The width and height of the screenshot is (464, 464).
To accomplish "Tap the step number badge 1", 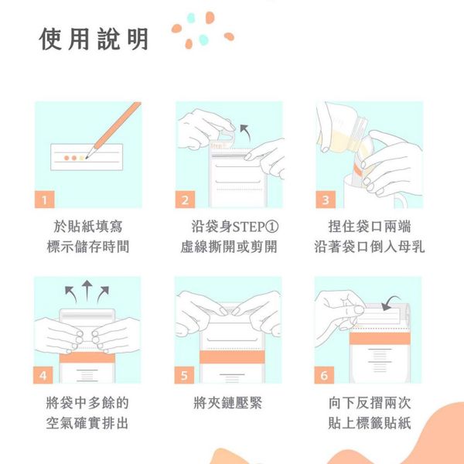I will (x=46, y=200).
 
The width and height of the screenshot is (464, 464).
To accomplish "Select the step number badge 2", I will (x=184, y=200).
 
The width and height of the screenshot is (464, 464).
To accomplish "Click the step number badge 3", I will (x=325, y=200).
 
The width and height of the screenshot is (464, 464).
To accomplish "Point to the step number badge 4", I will (x=46, y=375).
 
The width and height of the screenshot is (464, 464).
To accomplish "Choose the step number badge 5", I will (x=184, y=375).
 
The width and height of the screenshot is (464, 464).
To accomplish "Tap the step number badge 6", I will (x=325, y=375).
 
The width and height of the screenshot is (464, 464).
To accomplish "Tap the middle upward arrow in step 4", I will (x=85, y=290).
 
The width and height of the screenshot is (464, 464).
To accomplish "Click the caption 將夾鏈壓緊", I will (x=227, y=403).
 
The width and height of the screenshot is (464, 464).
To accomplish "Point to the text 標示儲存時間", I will (x=88, y=247).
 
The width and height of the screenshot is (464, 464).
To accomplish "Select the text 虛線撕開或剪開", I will (x=228, y=247).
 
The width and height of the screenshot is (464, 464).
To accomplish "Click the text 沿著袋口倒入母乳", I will (x=369, y=247).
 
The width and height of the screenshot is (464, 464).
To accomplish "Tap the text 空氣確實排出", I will (x=88, y=423).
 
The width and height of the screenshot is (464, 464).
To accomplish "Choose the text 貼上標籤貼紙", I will (x=369, y=423).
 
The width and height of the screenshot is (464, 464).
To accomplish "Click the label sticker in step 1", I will (x=85, y=157).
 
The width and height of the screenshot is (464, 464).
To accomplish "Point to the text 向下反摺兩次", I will (x=369, y=403).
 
